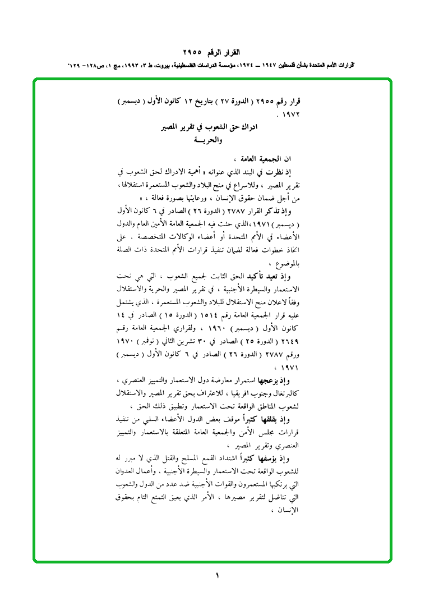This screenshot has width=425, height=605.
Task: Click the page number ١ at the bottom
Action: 217,575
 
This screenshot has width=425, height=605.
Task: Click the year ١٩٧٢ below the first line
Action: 290,114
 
